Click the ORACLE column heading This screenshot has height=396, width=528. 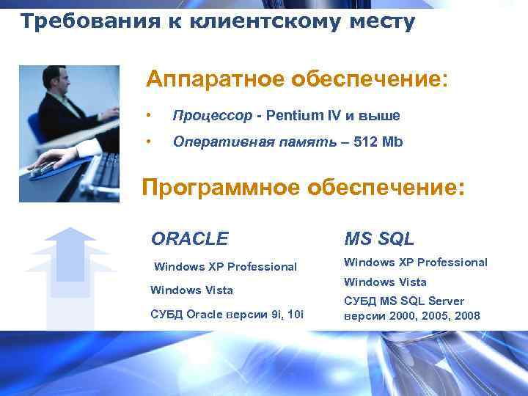189,238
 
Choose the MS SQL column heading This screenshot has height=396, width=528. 379,238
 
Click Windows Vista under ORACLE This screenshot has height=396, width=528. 191,290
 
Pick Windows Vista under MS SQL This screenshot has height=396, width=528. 385,282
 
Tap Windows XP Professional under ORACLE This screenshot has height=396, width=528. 226,267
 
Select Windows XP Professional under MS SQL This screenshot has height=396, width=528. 415,262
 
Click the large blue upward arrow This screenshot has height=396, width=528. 70,271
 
